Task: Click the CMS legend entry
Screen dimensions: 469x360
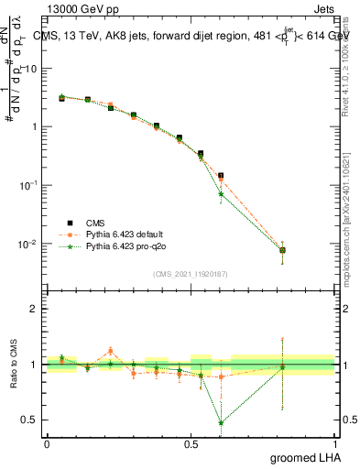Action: coord(96,222)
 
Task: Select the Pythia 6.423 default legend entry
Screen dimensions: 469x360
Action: coord(123,234)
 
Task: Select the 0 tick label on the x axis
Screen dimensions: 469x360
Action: coord(47,444)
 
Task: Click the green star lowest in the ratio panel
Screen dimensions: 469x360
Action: coord(221,423)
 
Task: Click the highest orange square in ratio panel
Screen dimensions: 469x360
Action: coord(110,351)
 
